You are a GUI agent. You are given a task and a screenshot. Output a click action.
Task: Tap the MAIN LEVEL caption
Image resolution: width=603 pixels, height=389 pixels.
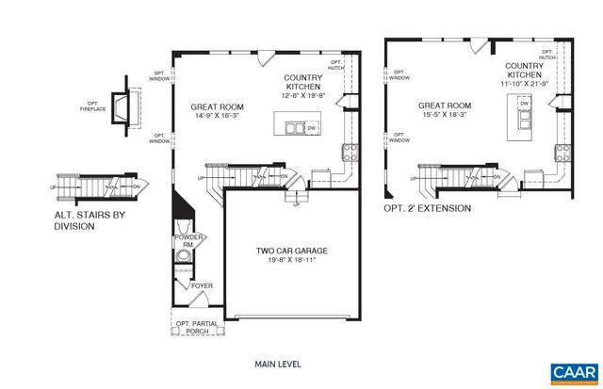(278, 363)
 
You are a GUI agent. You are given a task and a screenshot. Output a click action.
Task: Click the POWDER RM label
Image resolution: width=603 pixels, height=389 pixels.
(184, 240)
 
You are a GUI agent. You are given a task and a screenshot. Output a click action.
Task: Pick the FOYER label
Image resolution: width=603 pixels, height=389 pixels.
(203, 284)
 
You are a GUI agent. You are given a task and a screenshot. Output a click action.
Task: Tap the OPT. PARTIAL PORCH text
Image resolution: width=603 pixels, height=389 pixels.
(197, 329)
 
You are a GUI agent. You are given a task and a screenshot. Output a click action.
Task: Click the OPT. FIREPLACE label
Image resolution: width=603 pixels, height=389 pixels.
(92, 105)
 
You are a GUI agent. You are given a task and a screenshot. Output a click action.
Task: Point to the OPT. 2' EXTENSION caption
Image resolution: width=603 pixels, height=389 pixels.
(430, 207)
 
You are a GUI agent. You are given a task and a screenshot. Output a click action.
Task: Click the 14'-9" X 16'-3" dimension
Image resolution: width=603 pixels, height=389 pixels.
(216, 117)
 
